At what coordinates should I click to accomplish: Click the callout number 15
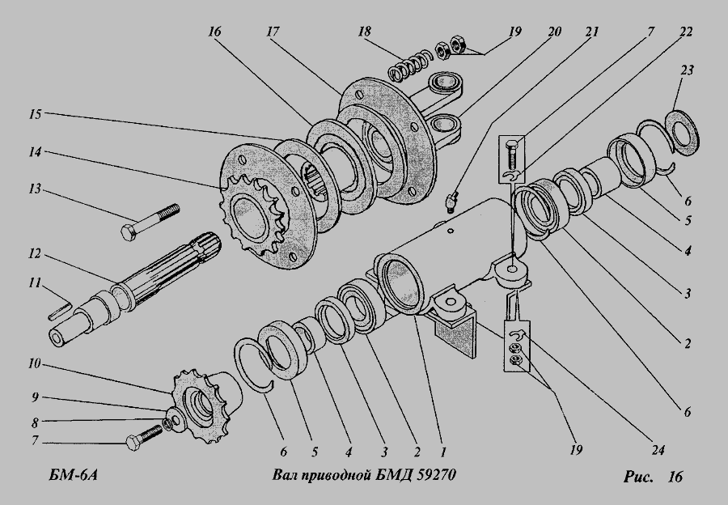[36, 114]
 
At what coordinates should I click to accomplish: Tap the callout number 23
[687, 70]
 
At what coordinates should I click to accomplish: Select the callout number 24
[658, 449]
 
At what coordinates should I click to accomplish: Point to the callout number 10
[34, 363]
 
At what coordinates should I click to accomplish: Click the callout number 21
[592, 32]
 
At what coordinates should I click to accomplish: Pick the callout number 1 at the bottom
[443, 452]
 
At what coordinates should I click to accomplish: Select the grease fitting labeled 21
[451, 201]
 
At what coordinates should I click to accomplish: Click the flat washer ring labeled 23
[683, 130]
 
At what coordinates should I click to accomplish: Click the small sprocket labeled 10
[203, 405]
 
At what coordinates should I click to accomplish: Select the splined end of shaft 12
[206, 246]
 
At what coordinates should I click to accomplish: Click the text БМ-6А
[73, 476]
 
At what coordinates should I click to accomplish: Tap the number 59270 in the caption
[437, 475]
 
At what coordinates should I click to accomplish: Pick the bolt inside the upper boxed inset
[510, 153]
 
